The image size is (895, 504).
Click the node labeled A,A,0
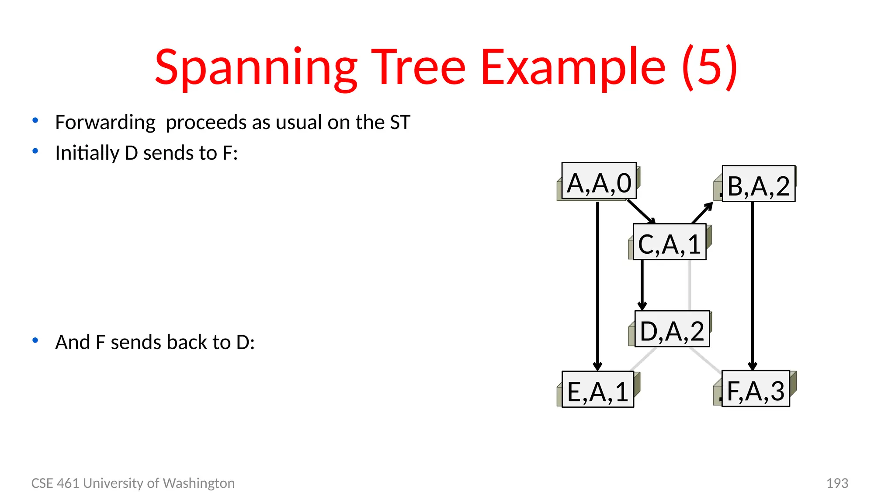[x=599, y=181]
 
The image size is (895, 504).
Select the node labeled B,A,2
[x=758, y=184]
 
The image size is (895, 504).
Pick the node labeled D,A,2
[x=672, y=329]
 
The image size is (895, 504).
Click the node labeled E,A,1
[x=597, y=389]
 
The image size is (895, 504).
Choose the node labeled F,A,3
[x=755, y=388]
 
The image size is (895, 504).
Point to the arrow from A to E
[x=597, y=284]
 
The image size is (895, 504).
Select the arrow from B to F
[x=752, y=284]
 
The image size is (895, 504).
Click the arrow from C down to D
[x=642, y=284]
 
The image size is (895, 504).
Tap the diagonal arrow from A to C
[x=641, y=212]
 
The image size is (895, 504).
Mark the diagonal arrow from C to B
[x=702, y=213]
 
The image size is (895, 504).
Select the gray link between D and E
[x=644, y=359]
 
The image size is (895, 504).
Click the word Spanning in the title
[x=256, y=68]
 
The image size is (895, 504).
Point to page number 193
[x=837, y=483]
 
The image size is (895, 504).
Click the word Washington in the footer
[x=198, y=483]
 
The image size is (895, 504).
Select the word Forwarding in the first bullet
[x=105, y=122]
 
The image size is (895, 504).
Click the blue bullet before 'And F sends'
[x=35, y=340]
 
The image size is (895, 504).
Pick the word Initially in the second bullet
[x=87, y=153]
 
